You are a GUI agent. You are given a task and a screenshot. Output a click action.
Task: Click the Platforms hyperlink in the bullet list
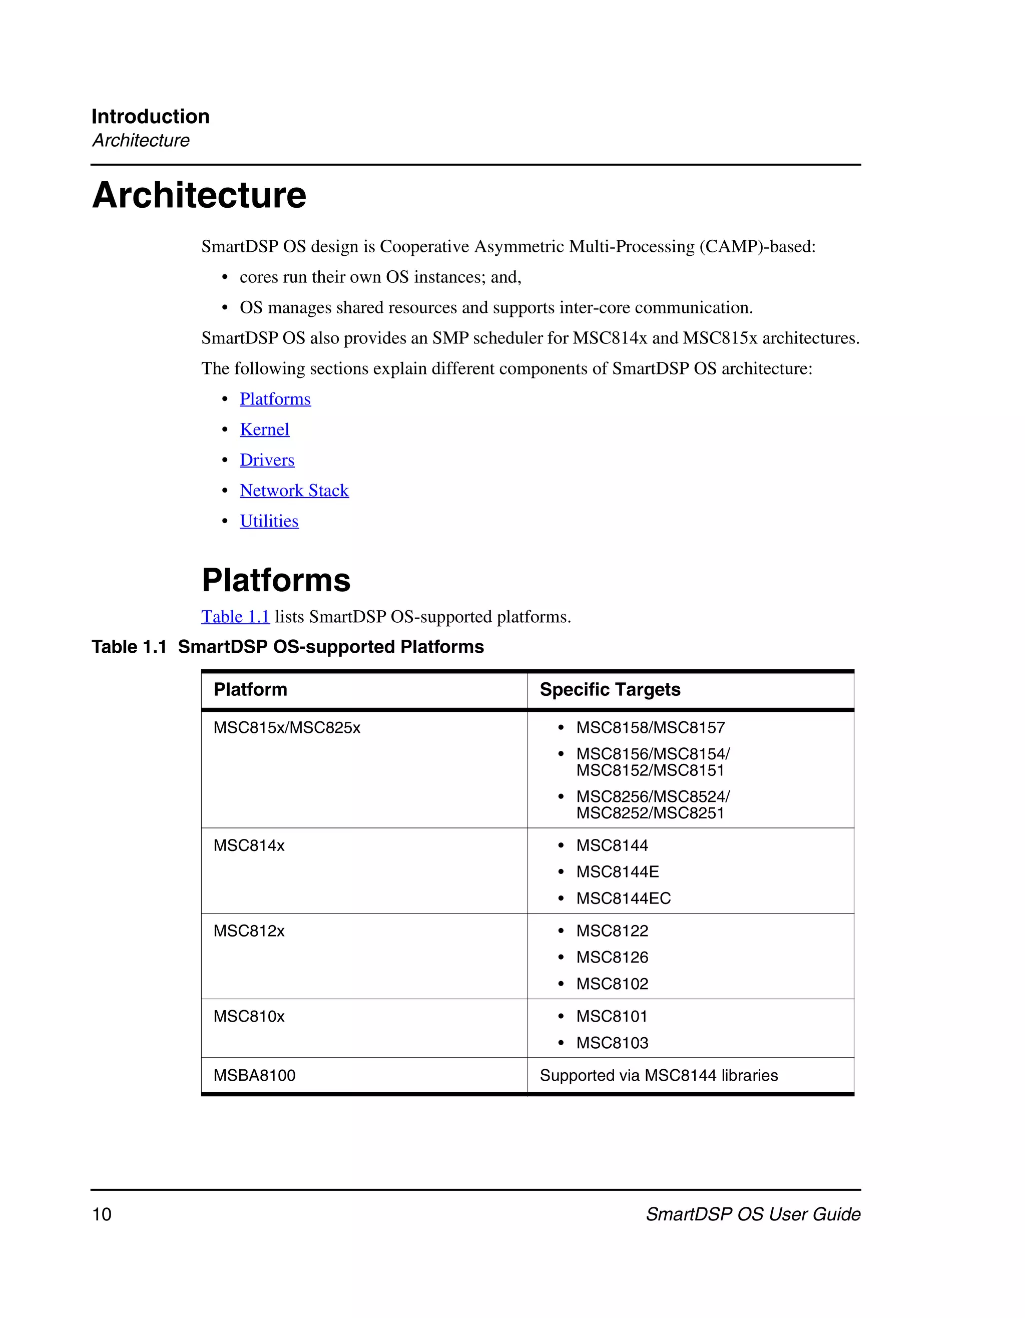click(275, 399)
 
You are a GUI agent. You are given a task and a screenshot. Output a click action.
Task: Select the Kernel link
click(264, 429)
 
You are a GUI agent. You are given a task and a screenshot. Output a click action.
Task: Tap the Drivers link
click(267, 460)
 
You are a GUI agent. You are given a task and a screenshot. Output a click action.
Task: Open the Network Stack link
click(294, 491)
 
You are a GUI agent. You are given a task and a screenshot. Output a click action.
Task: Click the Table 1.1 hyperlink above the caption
click(235, 617)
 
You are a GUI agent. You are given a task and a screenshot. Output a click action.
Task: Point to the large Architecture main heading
click(199, 196)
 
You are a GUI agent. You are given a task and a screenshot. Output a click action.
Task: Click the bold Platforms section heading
click(276, 580)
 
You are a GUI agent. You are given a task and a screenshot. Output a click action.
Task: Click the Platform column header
click(250, 689)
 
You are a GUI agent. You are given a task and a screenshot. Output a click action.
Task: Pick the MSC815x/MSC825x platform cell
click(287, 728)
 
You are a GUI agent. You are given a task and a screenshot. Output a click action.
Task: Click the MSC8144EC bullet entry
click(623, 899)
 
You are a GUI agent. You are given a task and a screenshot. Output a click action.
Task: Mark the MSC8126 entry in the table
click(612, 958)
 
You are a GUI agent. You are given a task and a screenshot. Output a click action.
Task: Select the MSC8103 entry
click(612, 1043)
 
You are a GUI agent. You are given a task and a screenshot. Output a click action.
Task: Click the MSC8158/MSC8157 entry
click(650, 728)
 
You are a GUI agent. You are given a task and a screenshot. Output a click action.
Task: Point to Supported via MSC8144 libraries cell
click(658, 1075)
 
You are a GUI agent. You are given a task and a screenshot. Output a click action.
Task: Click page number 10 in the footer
click(102, 1214)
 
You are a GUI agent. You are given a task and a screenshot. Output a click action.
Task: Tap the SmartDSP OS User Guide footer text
click(752, 1214)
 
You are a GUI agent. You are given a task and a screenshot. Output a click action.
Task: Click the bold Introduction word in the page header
click(150, 117)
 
